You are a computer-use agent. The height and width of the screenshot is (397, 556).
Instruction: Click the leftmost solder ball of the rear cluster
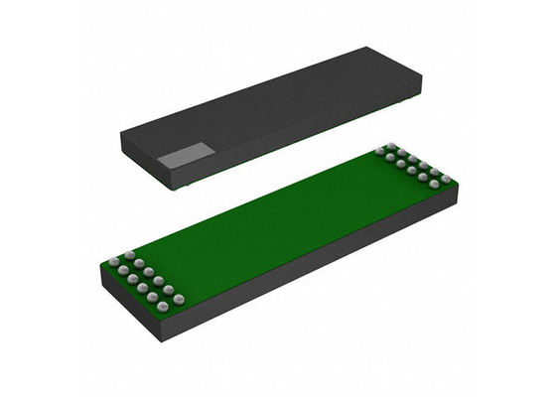tap(379, 152)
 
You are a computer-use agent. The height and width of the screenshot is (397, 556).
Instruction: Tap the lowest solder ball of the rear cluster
tap(434, 185)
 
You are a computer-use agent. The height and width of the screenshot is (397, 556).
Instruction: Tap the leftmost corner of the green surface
tap(103, 264)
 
